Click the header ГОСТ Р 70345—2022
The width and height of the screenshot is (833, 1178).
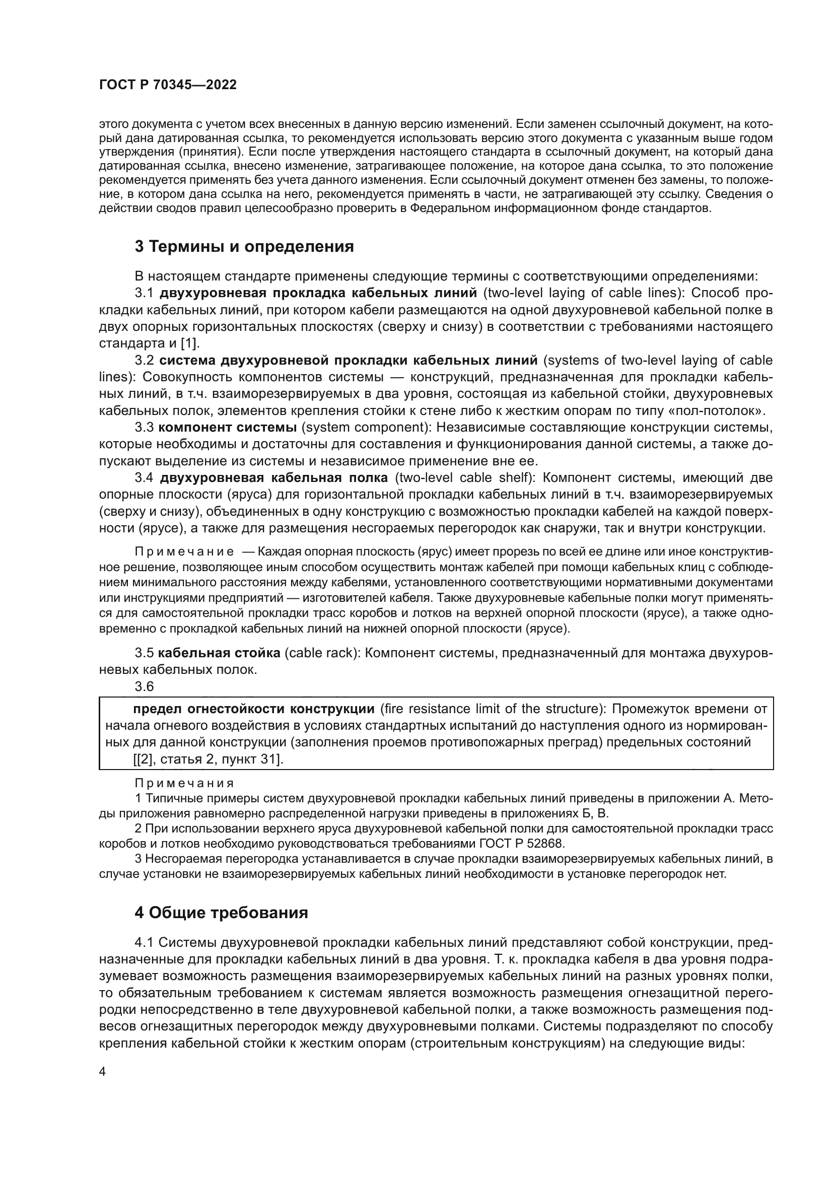(168, 85)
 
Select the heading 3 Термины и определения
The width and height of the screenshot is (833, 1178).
(244, 247)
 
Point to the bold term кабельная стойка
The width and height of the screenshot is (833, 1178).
(219, 653)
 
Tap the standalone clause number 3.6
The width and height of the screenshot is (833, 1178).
(144, 686)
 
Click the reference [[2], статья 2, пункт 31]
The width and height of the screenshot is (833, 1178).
(209, 759)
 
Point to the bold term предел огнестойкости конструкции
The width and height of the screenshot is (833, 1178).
(253, 709)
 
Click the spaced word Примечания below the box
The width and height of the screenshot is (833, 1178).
(184, 784)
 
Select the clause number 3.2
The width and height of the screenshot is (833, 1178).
(144, 360)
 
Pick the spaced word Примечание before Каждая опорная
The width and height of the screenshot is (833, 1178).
(184, 551)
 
